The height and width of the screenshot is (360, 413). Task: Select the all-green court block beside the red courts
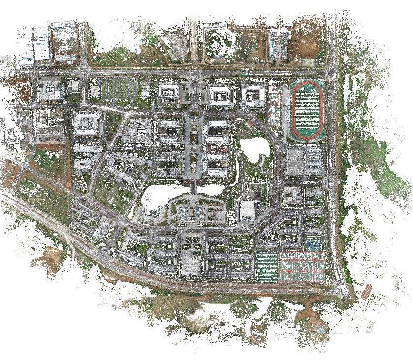pos(267,266)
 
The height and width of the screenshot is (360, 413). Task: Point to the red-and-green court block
pos(302,266)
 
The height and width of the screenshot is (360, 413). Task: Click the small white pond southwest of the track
pos(254,149)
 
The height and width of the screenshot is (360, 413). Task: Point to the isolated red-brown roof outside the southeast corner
pos(367,293)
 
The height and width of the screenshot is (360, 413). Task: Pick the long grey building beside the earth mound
pos(278,44)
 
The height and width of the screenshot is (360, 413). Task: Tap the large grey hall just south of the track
pos(304,161)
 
